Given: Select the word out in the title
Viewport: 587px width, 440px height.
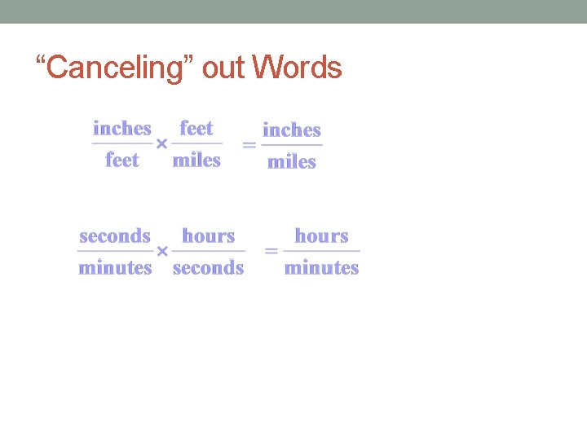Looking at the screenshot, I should pyautogui.click(x=223, y=68).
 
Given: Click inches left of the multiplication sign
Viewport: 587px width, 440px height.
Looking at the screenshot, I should pyautogui.click(x=122, y=128).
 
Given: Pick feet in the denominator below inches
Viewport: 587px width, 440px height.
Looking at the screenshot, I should pyautogui.click(x=122, y=160).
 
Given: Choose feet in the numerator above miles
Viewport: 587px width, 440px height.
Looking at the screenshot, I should pyautogui.click(x=196, y=128).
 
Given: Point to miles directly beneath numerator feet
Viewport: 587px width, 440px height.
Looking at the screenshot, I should pyautogui.click(x=196, y=160).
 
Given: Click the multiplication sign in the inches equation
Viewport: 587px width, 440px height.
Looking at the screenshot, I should pyautogui.click(x=161, y=144).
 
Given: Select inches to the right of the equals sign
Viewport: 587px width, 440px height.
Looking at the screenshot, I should pyautogui.click(x=292, y=130).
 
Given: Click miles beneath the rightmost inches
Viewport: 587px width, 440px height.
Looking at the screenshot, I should pyautogui.click(x=292, y=161).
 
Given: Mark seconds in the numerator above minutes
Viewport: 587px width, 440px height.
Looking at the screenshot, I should pyautogui.click(x=115, y=236).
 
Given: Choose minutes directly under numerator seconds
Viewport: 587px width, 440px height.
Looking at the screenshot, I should pyautogui.click(x=115, y=267).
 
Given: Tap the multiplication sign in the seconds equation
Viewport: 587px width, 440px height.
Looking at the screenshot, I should pyautogui.click(x=161, y=251).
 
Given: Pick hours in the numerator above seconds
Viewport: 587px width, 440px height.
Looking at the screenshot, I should pyautogui.click(x=209, y=236).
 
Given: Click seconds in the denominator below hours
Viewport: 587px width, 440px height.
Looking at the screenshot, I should pyautogui.click(x=209, y=267).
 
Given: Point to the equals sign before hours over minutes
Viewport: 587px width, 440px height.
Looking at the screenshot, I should pyautogui.click(x=271, y=251).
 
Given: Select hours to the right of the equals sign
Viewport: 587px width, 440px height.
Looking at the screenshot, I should pyautogui.click(x=322, y=236).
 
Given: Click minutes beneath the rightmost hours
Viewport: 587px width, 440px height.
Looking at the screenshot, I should pyautogui.click(x=322, y=267).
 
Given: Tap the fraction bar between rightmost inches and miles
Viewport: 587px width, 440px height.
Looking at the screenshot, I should pyautogui.click(x=292, y=146).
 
